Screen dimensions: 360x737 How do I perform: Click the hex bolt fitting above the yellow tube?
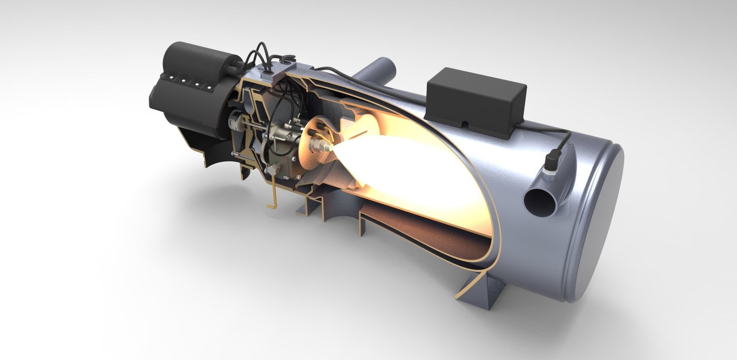point(273,169)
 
